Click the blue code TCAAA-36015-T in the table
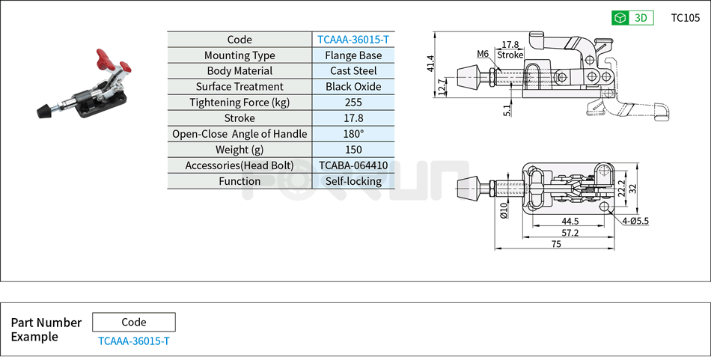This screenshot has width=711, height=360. coord(353,40)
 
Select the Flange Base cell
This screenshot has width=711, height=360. coord(353,55)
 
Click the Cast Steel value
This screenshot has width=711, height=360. coord(353,71)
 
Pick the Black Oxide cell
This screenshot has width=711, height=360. coord(353,87)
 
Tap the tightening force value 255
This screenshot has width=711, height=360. coord(353,103)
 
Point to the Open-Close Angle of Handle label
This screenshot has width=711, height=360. coord(239,134)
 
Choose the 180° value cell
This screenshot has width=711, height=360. coord(353,134)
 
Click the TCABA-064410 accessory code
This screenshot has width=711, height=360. coord(353,165)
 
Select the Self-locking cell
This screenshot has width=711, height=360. coord(353,181)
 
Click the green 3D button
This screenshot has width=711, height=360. coord(632,18)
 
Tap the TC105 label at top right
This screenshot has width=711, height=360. coord(685,18)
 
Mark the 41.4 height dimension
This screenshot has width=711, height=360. coord(430,64)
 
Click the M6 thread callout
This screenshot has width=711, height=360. coord(482,54)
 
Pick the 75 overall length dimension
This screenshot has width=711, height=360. coord(556,244)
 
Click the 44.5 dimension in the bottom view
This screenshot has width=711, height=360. coord(570,221)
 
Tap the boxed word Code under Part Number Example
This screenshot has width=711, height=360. coord(134,323)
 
